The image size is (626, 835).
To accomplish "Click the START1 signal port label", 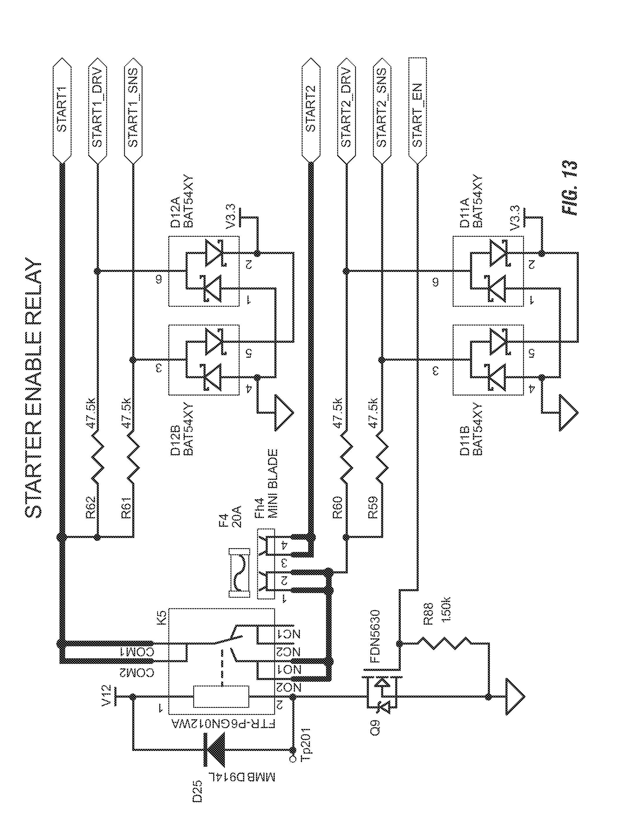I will pos(62,110).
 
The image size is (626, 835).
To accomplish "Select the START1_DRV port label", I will pos(97,110).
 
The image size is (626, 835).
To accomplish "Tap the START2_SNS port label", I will pos(381,110).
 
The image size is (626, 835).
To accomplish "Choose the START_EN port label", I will pos(417,110).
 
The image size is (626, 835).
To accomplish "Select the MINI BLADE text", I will pos(272,483).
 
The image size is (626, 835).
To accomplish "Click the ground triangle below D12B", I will pos(283,413).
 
